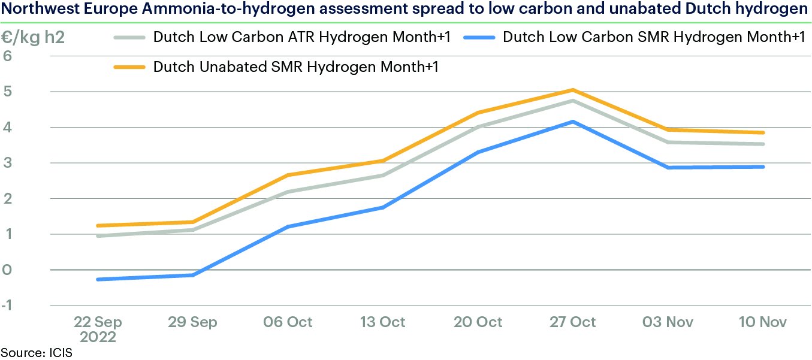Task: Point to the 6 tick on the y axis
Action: point(8,56)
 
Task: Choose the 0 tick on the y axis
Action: point(8,270)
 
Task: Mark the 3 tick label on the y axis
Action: point(8,163)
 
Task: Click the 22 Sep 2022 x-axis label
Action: point(98,328)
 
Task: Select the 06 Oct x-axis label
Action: point(288,322)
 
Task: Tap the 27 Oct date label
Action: point(573,322)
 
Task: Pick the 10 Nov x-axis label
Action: point(763,322)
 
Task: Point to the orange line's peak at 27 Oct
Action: point(573,90)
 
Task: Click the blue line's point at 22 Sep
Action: point(98,279)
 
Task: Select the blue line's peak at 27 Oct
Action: point(573,122)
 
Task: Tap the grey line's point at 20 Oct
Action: point(478,127)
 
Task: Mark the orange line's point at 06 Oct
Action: point(288,175)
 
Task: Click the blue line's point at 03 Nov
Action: point(668,168)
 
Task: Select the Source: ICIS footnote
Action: point(36,352)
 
